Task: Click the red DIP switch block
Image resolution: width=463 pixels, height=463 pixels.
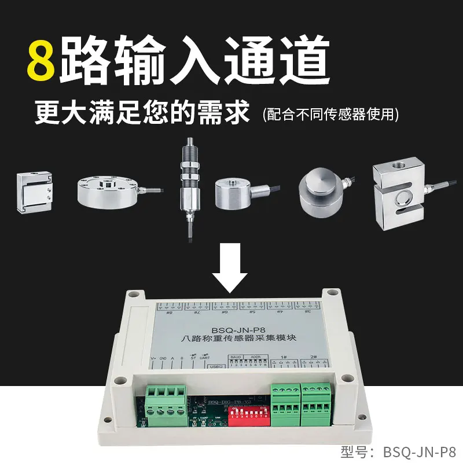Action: [249, 415]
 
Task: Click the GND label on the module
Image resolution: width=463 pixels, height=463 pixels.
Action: [163, 358]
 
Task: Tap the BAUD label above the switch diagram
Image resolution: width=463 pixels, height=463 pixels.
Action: [234, 357]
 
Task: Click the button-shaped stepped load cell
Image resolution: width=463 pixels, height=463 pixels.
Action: [319, 188]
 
